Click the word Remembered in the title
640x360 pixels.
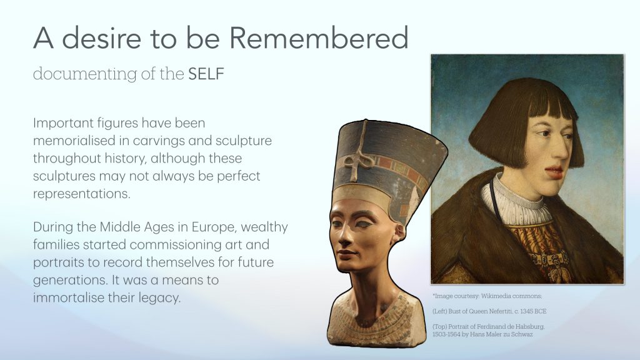tap(318, 37)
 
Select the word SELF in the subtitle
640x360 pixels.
tap(206, 74)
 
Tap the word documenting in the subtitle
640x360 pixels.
tap(85, 74)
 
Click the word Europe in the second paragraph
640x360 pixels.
tap(214, 227)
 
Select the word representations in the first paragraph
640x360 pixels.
tap(82, 194)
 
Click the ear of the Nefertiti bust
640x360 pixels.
tap(399, 233)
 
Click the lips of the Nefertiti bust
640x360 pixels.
tap(345, 255)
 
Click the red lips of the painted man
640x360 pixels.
tap(555, 172)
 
